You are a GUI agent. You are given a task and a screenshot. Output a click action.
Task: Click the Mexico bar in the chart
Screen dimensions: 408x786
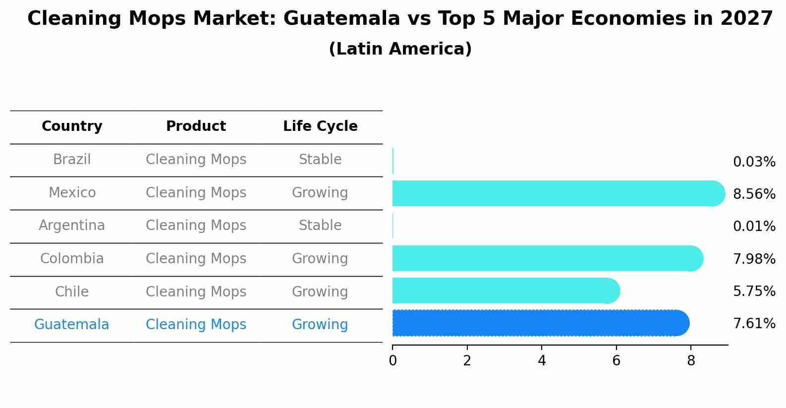[x=555, y=193]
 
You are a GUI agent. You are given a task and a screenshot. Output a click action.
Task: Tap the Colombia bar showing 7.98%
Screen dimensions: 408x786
[x=545, y=258]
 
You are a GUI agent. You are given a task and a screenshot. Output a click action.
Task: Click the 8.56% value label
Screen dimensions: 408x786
[x=754, y=194]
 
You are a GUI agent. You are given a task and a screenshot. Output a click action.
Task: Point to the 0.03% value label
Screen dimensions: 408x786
[x=754, y=162]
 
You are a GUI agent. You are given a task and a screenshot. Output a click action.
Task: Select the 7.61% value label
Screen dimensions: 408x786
[x=754, y=324]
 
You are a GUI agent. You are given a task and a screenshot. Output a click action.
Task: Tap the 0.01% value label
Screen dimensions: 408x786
[x=754, y=227]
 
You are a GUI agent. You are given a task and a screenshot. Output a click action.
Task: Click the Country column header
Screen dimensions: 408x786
[x=72, y=126]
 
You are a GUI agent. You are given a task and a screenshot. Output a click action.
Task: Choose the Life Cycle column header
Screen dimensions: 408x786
[x=320, y=126]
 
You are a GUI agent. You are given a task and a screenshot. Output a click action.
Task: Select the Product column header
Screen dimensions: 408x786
[x=196, y=126]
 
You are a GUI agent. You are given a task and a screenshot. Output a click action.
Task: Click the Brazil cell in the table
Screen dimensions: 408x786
[x=72, y=160]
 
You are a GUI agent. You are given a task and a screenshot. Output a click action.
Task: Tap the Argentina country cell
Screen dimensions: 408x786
[x=72, y=226]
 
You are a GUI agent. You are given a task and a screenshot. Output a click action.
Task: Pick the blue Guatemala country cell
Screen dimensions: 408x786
[x=72, y=325]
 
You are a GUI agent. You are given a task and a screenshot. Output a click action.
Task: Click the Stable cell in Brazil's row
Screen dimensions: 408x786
[x=320, y=160]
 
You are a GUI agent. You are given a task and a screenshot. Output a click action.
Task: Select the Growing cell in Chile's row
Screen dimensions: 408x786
[x=320, y=291]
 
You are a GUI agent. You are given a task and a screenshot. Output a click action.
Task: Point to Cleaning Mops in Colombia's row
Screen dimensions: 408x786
[x=196, y=259]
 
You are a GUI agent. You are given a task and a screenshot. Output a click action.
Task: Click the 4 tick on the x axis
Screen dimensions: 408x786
[x=542, y=361]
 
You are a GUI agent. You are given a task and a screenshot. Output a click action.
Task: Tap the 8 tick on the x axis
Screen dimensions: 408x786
[x=691, y=361]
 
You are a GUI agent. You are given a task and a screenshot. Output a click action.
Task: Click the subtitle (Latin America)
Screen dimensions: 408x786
[x=400, y=49]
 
